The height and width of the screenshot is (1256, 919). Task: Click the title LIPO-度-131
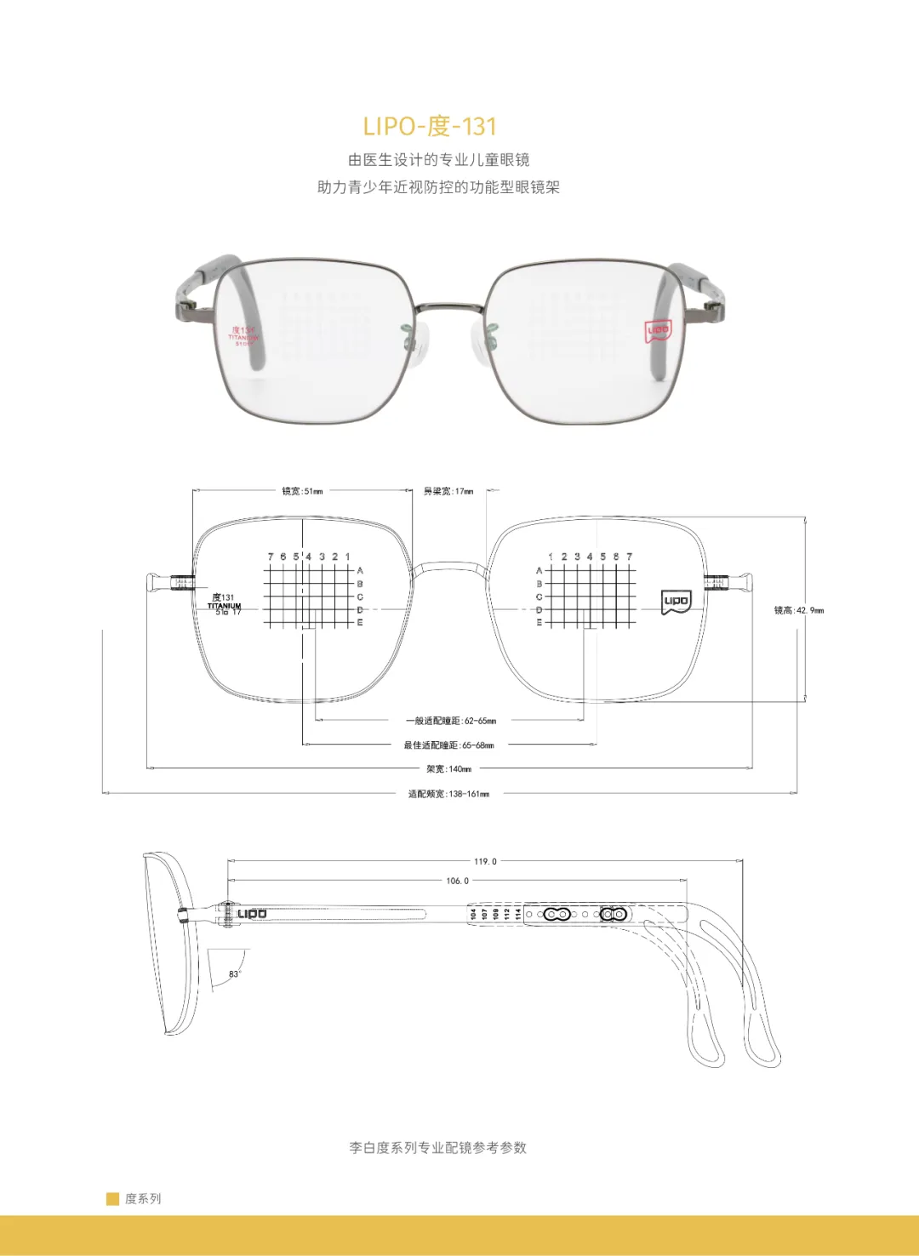430,126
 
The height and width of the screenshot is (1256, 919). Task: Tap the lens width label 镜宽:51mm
302,491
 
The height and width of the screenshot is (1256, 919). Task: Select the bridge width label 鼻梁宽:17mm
448,491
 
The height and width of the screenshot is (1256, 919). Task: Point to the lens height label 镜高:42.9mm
798,610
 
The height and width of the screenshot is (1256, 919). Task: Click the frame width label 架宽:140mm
448,769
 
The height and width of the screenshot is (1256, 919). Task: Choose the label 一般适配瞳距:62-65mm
450,721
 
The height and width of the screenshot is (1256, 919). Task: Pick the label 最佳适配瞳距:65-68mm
448,745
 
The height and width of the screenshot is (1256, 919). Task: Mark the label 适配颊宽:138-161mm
448,794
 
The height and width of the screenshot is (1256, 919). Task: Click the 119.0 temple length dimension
485,861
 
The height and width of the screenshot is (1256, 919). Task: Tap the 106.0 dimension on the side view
457,881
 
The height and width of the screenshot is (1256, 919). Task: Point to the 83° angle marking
234,973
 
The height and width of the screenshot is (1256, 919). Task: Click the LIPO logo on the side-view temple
252,914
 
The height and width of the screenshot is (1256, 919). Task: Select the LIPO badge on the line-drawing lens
676,602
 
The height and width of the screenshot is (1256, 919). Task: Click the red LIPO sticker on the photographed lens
658,330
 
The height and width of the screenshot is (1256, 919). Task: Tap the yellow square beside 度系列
112,1199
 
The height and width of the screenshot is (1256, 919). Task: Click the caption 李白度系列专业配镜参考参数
437,1147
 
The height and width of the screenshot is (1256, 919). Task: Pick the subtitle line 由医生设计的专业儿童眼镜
438,159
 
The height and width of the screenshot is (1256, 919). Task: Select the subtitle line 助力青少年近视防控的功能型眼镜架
438,187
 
